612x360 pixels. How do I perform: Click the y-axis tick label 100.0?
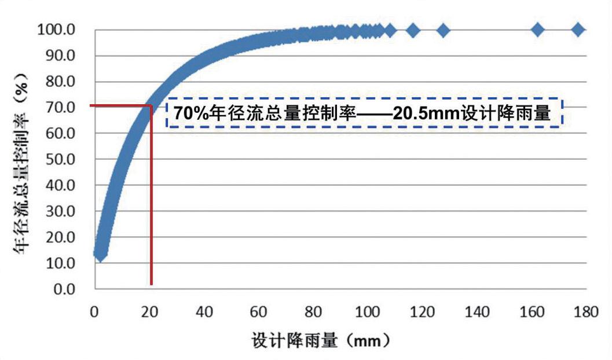point(56,30)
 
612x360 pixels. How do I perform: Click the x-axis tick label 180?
point(586,313)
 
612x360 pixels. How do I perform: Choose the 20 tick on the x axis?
point(149,313)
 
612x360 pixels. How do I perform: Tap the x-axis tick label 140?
point(478,313)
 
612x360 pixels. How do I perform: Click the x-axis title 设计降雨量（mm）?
point(320,339)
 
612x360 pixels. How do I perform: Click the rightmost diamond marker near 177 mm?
point(577,30)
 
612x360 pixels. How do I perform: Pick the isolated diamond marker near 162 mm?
point(537,30)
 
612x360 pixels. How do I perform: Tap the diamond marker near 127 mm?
point(443,30)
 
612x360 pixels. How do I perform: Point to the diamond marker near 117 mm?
point(413,30)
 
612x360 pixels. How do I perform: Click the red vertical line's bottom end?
point(151,284)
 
